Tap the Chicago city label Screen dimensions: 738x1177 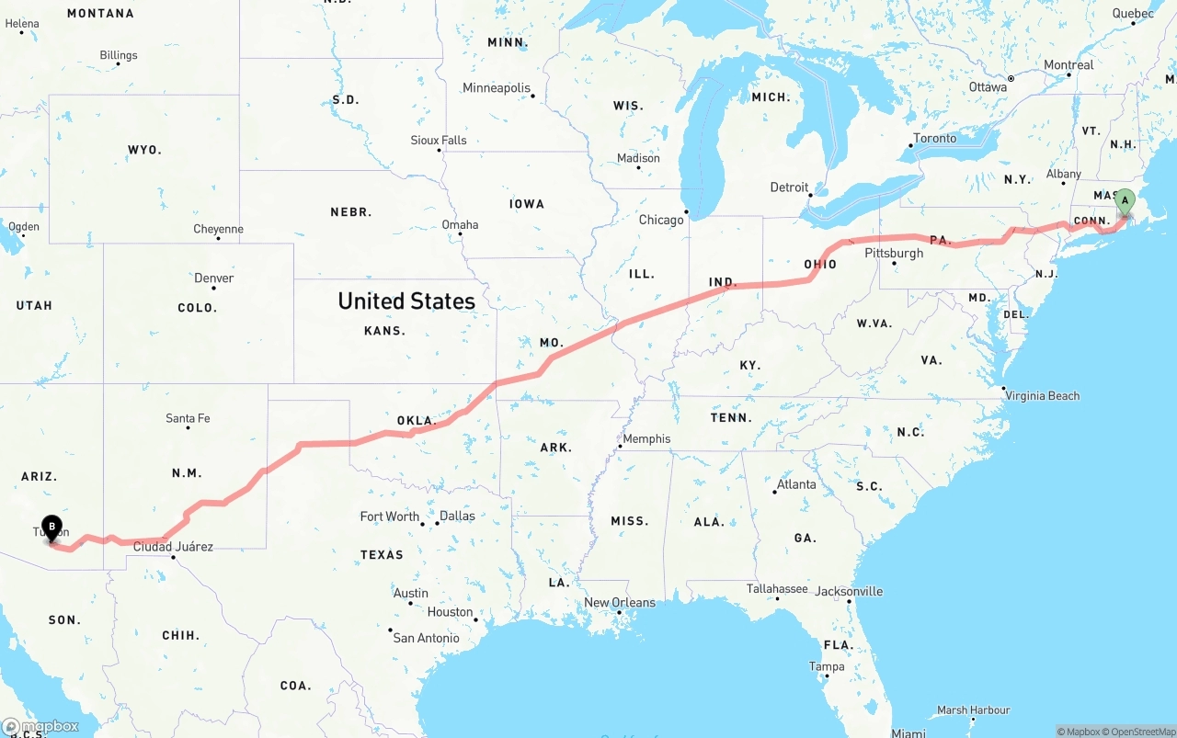(x=661, y=220)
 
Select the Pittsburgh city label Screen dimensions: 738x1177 (x=894, y=253)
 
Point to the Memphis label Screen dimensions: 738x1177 (x=646, y=438)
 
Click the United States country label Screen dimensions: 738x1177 (x=406, y=301)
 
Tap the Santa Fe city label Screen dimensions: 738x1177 (x=188, y=418)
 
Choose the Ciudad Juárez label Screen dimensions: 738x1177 (x=173, y=546)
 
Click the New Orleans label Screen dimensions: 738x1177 (x=620, y=603)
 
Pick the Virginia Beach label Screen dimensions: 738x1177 (x=1043, y=396)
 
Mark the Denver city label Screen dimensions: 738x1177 (x=213, y=278)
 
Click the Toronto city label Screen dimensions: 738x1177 (x=934, y=139)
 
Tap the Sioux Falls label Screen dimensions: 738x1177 (x=439, y=141)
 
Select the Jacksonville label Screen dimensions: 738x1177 (x=849, y=591)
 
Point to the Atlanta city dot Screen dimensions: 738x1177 (x=774, y=493)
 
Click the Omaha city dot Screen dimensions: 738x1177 (x=460, y=234)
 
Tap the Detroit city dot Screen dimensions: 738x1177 (x=809, y=195)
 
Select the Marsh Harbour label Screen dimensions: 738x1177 (x=973, y=710)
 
